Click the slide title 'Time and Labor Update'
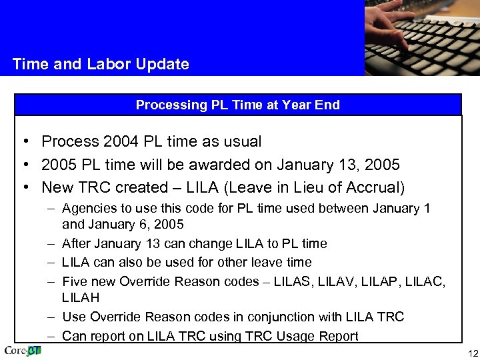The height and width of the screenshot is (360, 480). (x=101, y=65)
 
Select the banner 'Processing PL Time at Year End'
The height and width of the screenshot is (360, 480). (x=238, y=105)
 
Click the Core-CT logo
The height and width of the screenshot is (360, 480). (x=23, y=351)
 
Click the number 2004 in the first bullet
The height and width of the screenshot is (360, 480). (x=120, y=141)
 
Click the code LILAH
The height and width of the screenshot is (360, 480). (x=79, y=297)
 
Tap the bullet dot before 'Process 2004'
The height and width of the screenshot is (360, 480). (x=24, y=141)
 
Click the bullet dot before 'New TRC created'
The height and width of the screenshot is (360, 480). (x=24, y=187)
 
